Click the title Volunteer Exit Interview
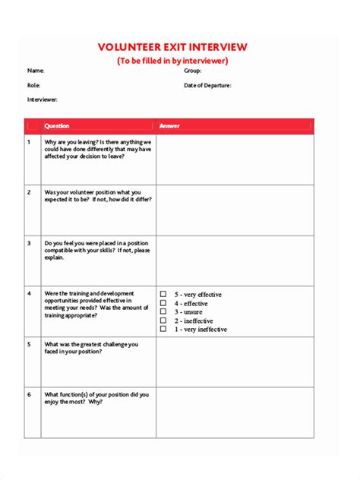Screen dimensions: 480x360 coord(172,47)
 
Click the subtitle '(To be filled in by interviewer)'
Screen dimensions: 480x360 coord(172,61)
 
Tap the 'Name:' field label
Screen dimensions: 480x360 coord(36,71)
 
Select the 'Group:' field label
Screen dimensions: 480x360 coord(193,71)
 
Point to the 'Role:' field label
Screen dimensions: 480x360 coord(34,85)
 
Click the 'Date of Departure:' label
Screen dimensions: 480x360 coord(207,85)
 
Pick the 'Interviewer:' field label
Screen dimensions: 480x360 coord(43,99)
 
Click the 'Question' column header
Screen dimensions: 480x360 coord(57,126)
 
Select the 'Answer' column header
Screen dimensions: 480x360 coord(169,126)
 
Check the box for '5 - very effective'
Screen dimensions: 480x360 coord(163,293)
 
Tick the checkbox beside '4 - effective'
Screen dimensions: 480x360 coord(163,302)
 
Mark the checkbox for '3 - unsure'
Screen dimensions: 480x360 coord(163,311)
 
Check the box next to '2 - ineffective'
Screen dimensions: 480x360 coord(163,321)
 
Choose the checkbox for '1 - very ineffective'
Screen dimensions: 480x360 coord(163,329)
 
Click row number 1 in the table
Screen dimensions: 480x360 coord(29,142)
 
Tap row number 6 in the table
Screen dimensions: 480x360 coord(29,395)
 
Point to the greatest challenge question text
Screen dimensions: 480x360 coord(91,348)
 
